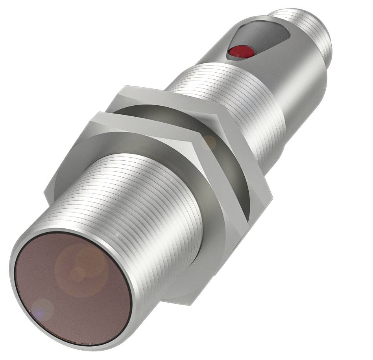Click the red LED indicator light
pyautogui.click(x=236, y=51)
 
